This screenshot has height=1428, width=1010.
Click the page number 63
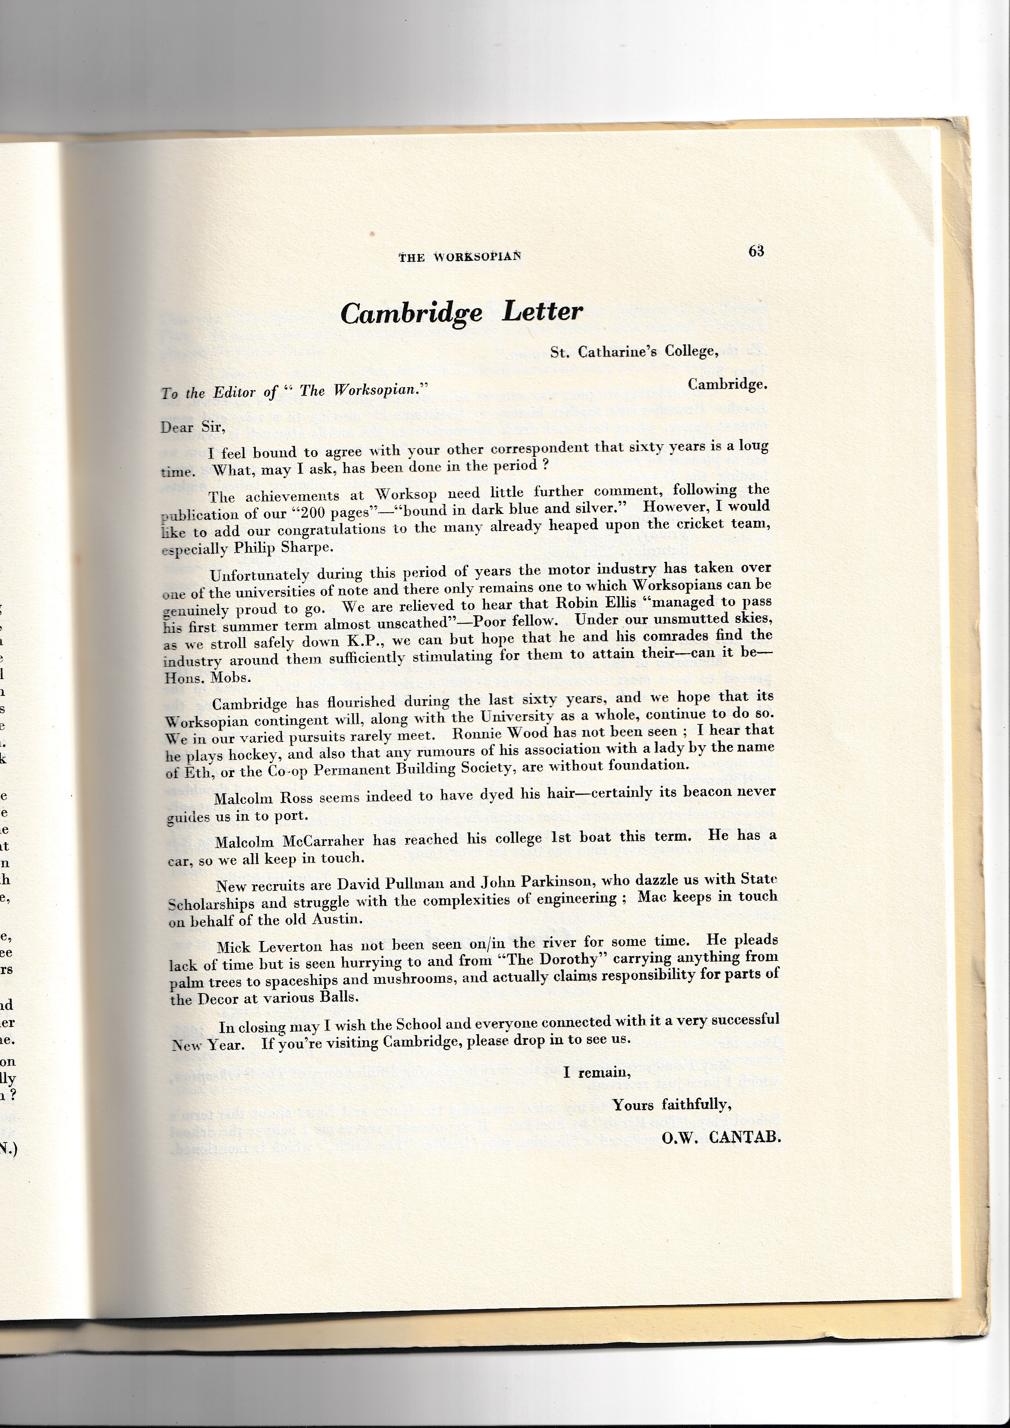[x=756, y=251]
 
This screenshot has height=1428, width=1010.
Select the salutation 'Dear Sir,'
[x=192, y=427]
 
